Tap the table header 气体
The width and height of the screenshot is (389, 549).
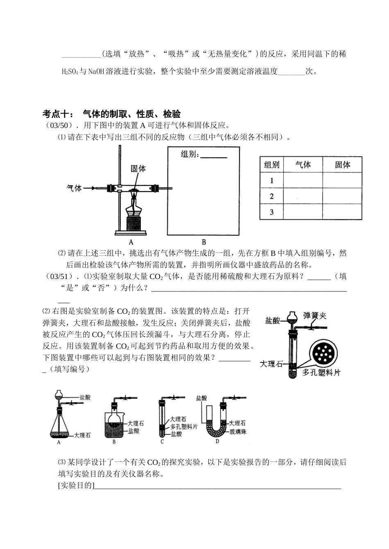(x=303, y=164)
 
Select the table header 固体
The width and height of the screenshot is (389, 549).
(x=342, y=164)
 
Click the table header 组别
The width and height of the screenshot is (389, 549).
(x=271, y=164)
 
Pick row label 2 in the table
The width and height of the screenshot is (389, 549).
(x=271, y=196)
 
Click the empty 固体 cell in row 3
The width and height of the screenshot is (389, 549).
(x=342, y=212)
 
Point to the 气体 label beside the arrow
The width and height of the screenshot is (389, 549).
(x=74, y=188)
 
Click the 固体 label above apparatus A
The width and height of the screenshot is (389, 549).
(x=138, y=168)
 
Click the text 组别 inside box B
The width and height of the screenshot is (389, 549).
(x=190, y=155)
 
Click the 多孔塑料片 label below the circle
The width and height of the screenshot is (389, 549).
(x=322, y=373)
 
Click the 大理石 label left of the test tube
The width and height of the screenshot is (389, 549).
(x=271, y=364)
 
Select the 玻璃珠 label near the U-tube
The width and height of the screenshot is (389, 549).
(x=238, y=432)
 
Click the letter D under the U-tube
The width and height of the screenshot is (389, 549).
(x=217, y=441)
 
